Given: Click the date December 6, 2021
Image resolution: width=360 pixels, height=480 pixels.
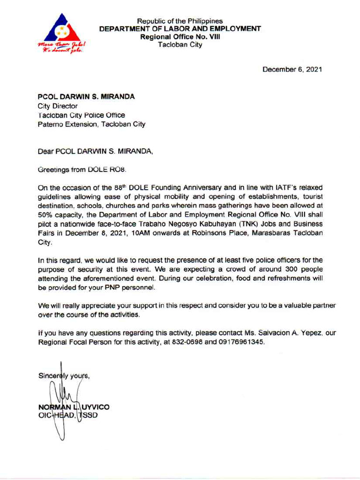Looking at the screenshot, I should click(x=292, y=70).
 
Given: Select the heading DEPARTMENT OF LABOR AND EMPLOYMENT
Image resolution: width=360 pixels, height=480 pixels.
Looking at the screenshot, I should click(x=180, y=29).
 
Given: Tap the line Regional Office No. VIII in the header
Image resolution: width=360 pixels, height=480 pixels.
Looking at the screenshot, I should click(x=180, y=36).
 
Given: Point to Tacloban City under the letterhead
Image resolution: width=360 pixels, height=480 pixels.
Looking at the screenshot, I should click(x=180, y=44).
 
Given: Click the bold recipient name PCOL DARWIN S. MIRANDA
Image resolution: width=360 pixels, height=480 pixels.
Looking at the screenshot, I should click(x=86, y=97).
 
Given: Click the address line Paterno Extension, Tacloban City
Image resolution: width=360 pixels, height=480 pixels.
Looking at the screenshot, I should click(x=91, y=124).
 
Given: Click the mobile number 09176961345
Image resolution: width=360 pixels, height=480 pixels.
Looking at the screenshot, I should click(x=238, y=342).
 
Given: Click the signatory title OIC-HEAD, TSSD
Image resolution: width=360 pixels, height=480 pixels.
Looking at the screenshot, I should click(x=67, y=415).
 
